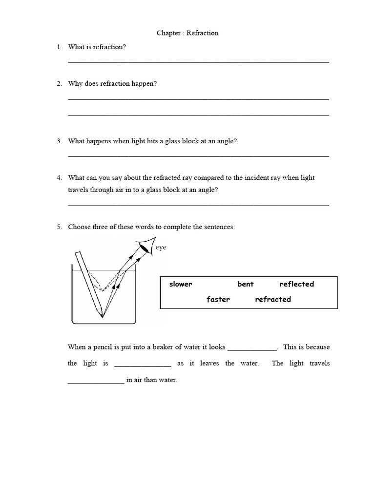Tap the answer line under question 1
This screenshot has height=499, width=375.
pyautogui.click(x=198, y=62)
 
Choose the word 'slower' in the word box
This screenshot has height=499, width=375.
pyautogui.click(x=181, y=284)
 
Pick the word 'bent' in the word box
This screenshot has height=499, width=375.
pyautogui.click(x=245, y=284)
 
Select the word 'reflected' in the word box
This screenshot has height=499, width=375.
pyautogui.click(x=296, y=284)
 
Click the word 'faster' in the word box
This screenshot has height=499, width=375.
pyautogui.click(x=218, y=300)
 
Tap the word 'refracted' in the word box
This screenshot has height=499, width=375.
pyautogui.click(x=272, y=300)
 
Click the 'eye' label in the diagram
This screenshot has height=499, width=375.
pyautogui.click(x=161, y=248)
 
